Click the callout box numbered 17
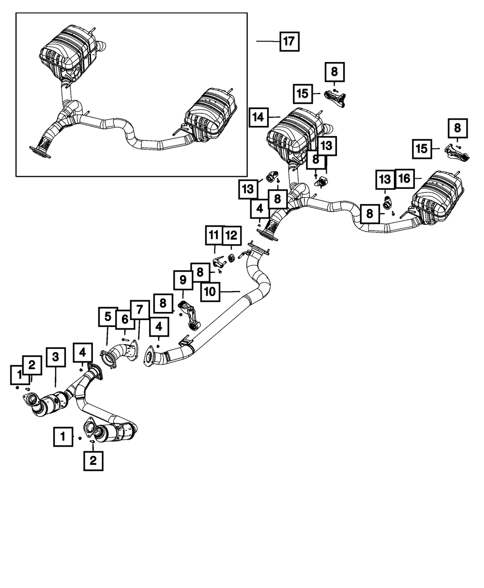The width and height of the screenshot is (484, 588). tap(289, 41)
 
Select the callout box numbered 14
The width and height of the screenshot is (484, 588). tap(259, 117)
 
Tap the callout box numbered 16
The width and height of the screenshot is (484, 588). tap(404, 179)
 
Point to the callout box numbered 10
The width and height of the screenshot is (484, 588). tap(211, 292)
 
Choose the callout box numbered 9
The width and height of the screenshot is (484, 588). tap(183, 279)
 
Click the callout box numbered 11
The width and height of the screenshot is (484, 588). tap(213, 236)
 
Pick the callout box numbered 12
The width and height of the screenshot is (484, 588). tap(231, 236)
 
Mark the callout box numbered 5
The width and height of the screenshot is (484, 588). tap(107, 317)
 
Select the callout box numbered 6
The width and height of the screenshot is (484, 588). tap(125, 319)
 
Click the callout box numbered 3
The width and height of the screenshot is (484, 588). tap(56, 357)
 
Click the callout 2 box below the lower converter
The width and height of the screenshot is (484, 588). tap(93, 461)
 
